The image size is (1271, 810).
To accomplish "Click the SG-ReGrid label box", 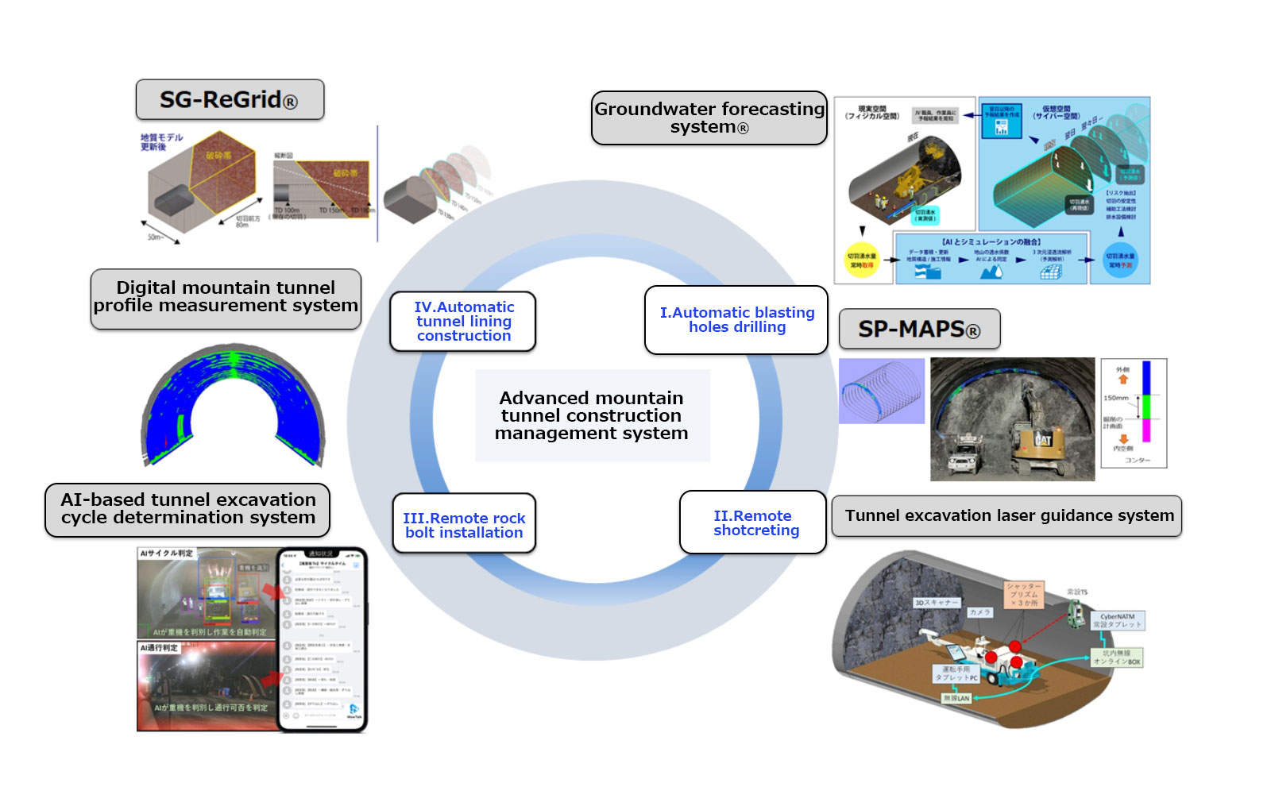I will point(229,100).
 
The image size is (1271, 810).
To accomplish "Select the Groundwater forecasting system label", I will point(709,118).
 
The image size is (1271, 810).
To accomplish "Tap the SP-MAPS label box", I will point(919,329).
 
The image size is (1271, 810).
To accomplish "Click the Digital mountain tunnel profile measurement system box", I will point(226,298).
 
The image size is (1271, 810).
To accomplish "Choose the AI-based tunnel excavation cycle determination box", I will point(187,509).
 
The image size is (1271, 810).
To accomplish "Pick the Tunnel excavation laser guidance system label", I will point(1007,516).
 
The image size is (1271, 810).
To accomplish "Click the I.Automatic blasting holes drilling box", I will point(736,320).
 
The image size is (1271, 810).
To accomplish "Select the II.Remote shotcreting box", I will point(754,523).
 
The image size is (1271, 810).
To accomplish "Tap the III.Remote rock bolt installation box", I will point(464,525).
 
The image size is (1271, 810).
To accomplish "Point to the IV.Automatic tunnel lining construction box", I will point(463,322).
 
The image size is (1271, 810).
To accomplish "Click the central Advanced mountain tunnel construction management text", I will point(591,415).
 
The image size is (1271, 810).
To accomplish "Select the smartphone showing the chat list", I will point(321,638).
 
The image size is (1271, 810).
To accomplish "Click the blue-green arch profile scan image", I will point(233,405).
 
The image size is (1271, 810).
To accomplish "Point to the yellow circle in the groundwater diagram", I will point(862,260).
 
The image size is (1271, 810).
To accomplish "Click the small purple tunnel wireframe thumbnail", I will point(882,391).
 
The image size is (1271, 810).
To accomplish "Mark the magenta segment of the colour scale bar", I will point(1146,430).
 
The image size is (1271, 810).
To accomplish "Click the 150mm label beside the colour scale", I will point(1116,398).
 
